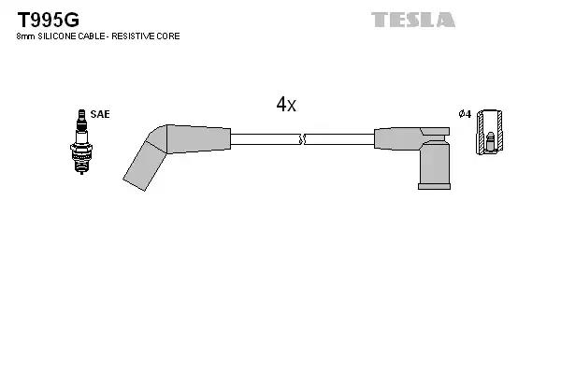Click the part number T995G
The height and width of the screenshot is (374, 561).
pyautogui.click(x=45, y=19)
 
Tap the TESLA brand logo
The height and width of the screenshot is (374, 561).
pyautogui.click(x=412, y=19)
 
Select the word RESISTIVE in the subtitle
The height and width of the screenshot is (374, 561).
pyautogui.click(x=134, y=36)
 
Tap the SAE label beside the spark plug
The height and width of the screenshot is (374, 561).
pyautogui.click(x=100, y=114)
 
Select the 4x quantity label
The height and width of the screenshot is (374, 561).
pyautogui.click(x=286, y=106)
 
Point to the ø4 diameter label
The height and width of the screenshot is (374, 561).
pyautogui.click(x=464, y=114)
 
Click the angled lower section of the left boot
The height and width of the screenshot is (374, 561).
pyautogui.click(x=142, y=160)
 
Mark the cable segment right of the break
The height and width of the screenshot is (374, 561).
pyautogui.click(x=338, y=139)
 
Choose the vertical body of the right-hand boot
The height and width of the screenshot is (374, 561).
pyautogui.click(x=435, y=163)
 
